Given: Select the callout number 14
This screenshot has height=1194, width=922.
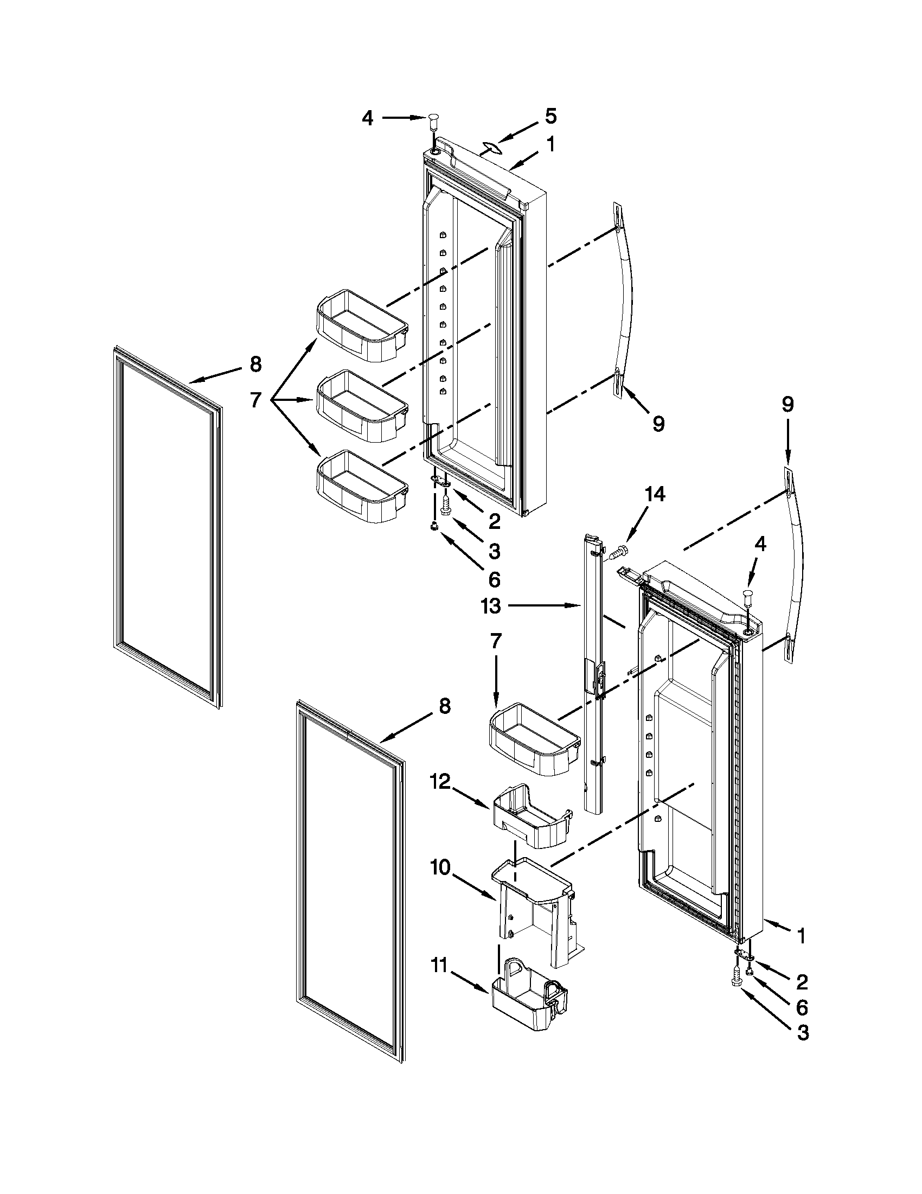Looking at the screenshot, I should [655, 494].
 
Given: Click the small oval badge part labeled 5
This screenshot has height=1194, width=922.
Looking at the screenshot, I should [491, 146].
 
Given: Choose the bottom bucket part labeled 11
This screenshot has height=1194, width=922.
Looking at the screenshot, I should [529, 1000].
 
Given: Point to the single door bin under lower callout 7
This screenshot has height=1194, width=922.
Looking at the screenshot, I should [534, 739].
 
